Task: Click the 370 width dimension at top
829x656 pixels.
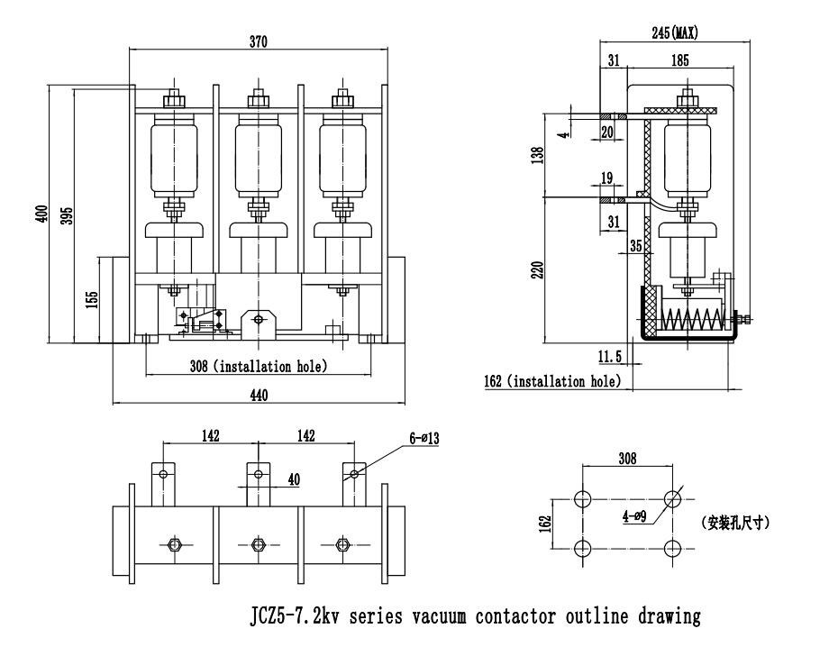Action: [258, 41]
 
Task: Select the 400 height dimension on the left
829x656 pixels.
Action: [41, 214]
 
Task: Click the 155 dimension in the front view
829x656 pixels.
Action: [92, 298]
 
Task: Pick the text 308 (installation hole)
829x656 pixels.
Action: [258, 365]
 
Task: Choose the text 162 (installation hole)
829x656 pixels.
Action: [551, 381]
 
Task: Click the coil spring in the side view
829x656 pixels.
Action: [693, 319]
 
